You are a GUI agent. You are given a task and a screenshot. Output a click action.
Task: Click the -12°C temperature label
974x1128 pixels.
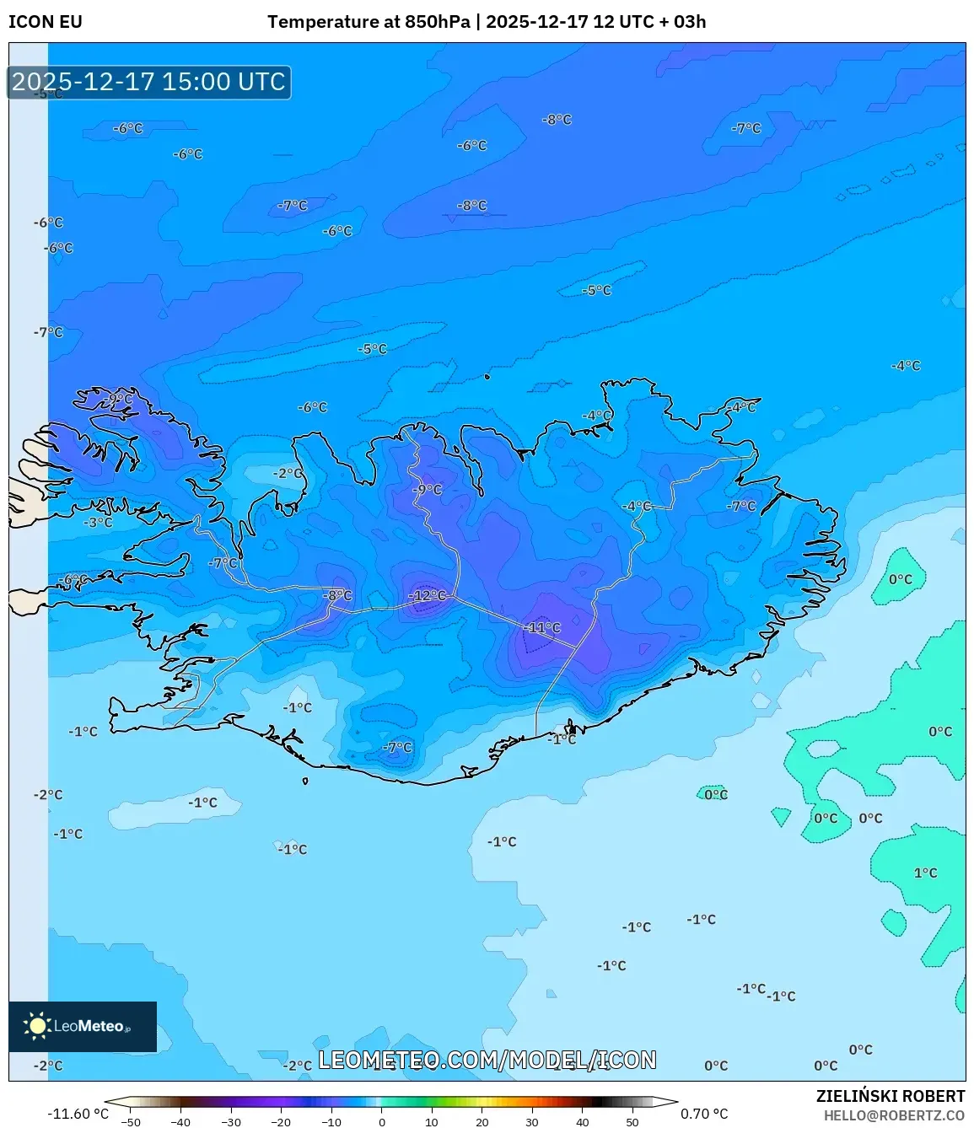(428, 596)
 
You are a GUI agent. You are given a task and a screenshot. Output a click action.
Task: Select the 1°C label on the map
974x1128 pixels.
(925, 873)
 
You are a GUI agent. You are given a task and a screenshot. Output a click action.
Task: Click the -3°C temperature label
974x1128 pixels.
(98, 523)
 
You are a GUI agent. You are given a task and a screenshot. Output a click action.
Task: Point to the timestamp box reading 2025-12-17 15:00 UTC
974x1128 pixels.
(149, 82)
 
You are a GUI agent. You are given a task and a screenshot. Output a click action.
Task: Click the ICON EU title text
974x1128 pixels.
(46, 22)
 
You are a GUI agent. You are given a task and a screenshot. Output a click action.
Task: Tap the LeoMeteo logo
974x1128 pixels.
(83, 1026)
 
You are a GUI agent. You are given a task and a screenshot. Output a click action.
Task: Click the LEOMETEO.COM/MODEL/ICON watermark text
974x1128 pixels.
(487, 1060)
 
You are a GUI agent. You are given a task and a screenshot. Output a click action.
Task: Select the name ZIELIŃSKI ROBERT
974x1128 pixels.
(890, 1096)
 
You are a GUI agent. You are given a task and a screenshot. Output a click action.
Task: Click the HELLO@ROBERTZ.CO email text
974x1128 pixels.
(894, 1115)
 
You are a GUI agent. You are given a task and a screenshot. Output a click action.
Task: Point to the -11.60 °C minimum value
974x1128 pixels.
(78, 1114)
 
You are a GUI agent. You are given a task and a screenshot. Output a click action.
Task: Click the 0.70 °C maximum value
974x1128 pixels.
(704, 1114)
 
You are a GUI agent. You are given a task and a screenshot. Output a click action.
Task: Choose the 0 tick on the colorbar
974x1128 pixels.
(382, 1122)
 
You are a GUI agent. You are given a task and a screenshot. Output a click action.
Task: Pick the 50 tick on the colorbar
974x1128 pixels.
(632, 1122)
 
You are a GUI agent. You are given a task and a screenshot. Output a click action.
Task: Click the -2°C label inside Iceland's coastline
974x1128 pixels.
(288, 474)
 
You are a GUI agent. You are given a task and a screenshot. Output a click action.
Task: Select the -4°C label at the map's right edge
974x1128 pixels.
(906, 366)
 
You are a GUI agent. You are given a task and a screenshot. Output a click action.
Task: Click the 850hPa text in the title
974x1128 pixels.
(437, 22)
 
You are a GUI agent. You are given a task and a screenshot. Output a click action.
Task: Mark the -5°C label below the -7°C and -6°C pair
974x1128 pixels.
(372, 349)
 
